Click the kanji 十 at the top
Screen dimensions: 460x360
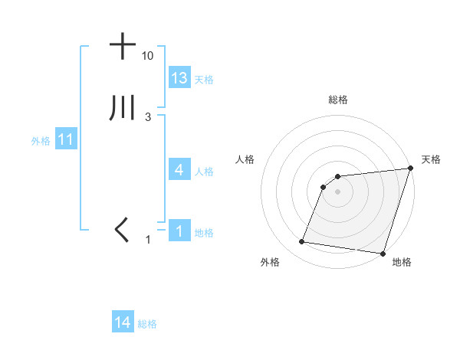pos(123,47)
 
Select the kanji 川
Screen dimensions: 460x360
pos(123,109)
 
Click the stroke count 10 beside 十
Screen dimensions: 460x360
pos(147,57)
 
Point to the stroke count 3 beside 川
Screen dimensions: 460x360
pos(147,117)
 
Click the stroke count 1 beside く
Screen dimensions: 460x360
pos(149,240)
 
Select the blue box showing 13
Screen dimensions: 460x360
pos(179,78)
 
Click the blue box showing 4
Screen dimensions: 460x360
pos(179,169)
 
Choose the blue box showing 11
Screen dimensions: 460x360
pos(65,139)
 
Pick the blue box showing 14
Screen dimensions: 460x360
pos(123,322)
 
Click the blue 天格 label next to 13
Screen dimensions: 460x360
pos(204,80)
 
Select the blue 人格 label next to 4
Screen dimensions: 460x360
pos(204,171)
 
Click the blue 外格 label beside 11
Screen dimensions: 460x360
pos(41,141)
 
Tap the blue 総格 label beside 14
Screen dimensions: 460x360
pos(147,324)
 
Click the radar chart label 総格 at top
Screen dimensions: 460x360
pos(337,100)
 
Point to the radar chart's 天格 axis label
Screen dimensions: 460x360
pos(431,159)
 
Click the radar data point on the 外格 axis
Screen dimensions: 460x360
pos(302,242)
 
